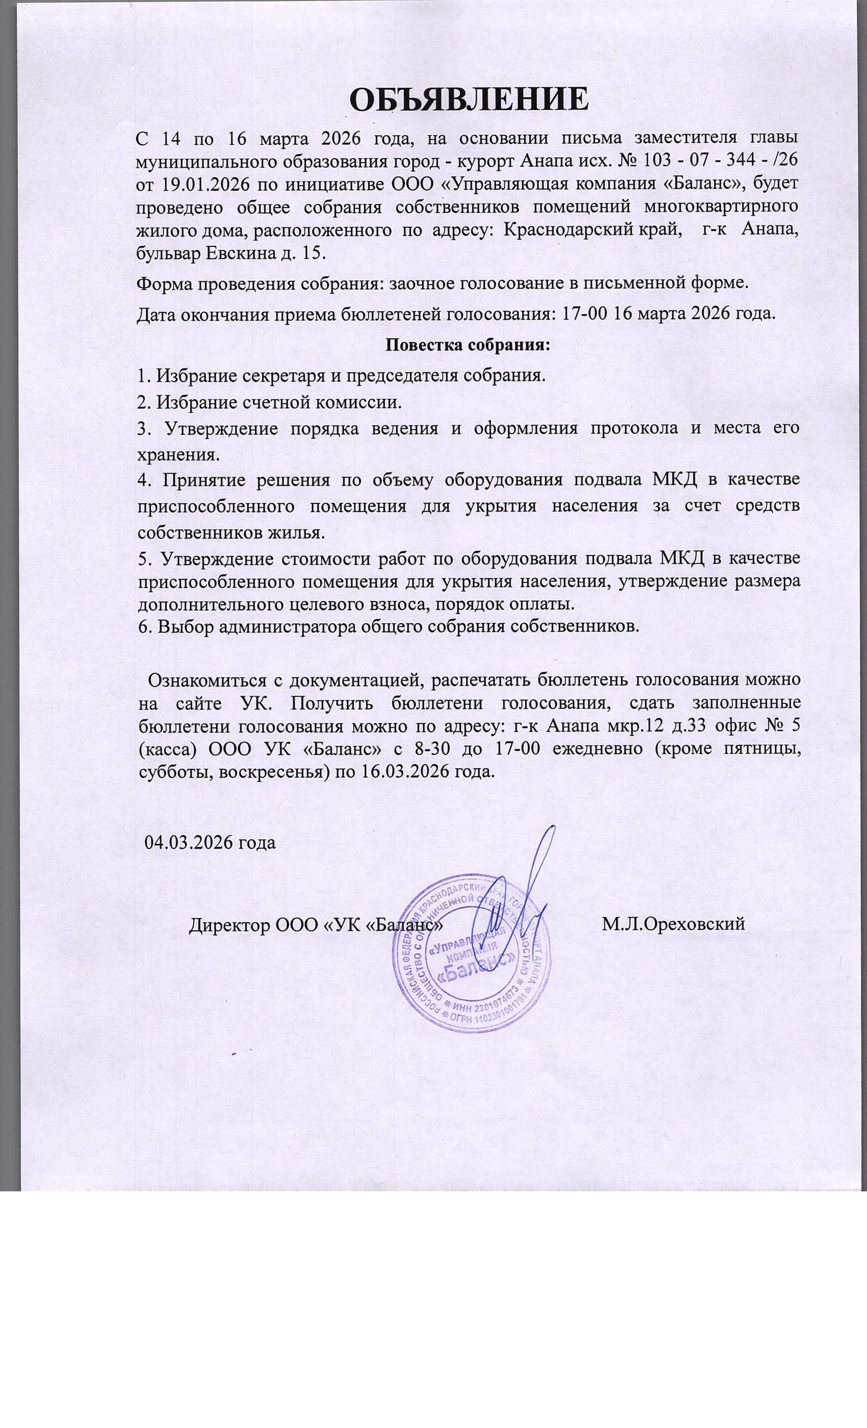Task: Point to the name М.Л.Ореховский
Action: tap(672, 924)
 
